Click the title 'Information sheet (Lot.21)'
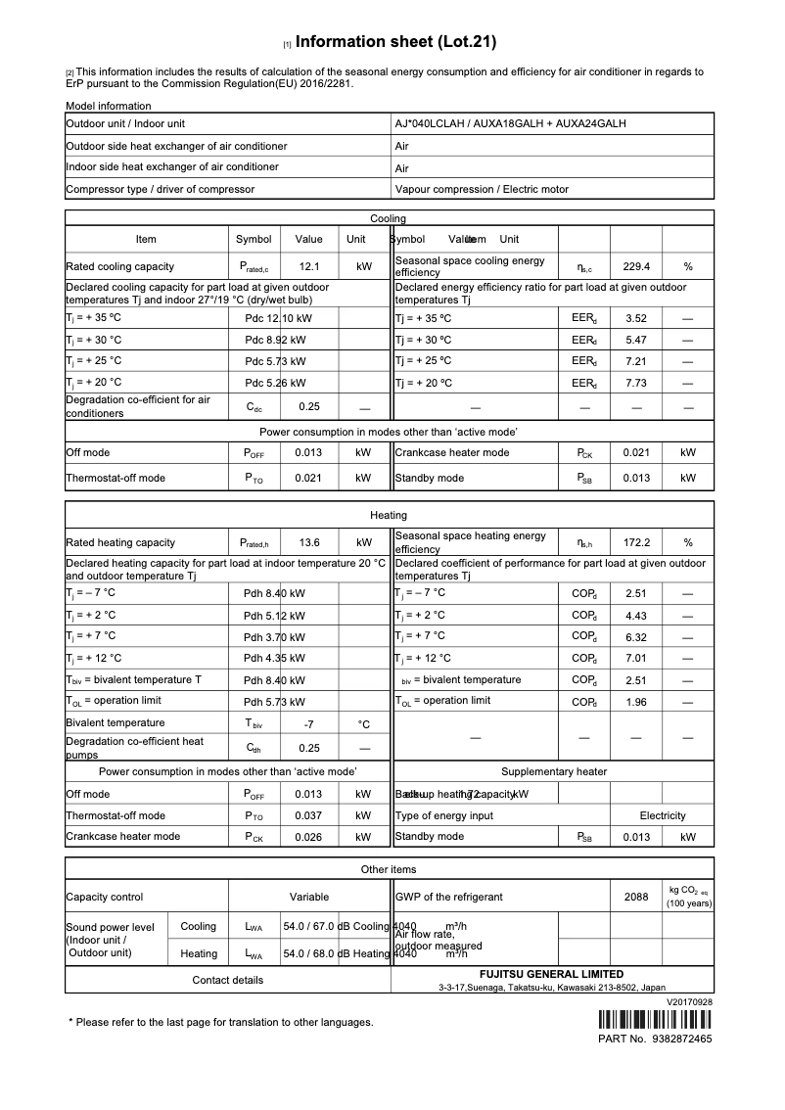(395, 42)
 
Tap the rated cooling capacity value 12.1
(309, 266)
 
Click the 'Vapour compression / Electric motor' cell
(482, 189)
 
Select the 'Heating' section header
(389, 515)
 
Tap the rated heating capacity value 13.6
(309, 542)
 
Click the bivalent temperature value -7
(309, 724)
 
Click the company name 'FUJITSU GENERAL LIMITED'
(551, 975)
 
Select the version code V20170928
(689, 1002)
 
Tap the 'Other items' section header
(389, 869)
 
